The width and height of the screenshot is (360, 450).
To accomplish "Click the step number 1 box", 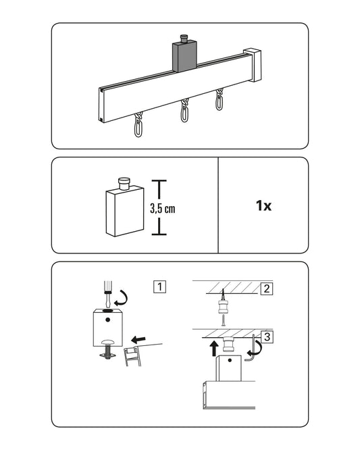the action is point(160,286).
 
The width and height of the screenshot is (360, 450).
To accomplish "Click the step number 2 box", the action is point(267,289).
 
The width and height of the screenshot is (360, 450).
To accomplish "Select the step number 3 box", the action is point(267,336).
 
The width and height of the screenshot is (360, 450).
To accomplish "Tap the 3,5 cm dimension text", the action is point(162,209).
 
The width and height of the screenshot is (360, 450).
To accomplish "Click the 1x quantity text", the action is point(263,206).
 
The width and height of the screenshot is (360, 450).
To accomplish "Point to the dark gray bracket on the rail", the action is point(184,56).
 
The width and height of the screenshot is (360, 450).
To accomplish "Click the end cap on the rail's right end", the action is point(253,65).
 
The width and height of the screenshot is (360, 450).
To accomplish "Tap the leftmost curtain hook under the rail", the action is point(138,125).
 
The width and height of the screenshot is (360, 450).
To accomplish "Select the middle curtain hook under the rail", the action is point(185,110).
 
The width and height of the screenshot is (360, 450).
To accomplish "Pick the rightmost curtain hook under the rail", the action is point(220,99).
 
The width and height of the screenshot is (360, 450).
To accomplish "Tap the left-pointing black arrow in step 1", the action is point(138,339).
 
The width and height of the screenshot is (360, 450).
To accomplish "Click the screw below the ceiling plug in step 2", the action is point(223,320).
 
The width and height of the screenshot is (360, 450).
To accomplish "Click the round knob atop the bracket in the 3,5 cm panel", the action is point(124,184).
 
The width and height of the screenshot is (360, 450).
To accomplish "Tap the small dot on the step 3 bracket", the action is point(230,360).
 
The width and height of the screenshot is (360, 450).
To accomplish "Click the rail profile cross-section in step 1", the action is point(132,357).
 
